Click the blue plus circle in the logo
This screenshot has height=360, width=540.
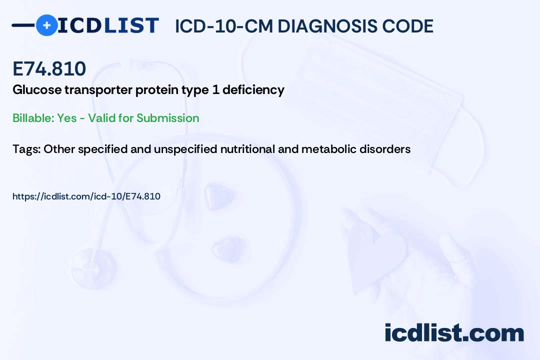tap(46, 25)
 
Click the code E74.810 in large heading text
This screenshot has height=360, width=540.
tap(49, 68)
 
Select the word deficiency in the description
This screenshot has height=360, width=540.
tap(253, 90)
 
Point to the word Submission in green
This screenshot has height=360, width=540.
tap(167, 118)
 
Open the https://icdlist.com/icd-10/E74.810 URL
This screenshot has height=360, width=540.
tap(86, 196)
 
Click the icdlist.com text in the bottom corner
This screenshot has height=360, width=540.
tap(454, 332)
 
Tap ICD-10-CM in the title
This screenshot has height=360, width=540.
tap(224, 26)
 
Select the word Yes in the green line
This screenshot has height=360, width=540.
tap(66, 118)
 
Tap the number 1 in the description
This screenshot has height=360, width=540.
tap(215, 90)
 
